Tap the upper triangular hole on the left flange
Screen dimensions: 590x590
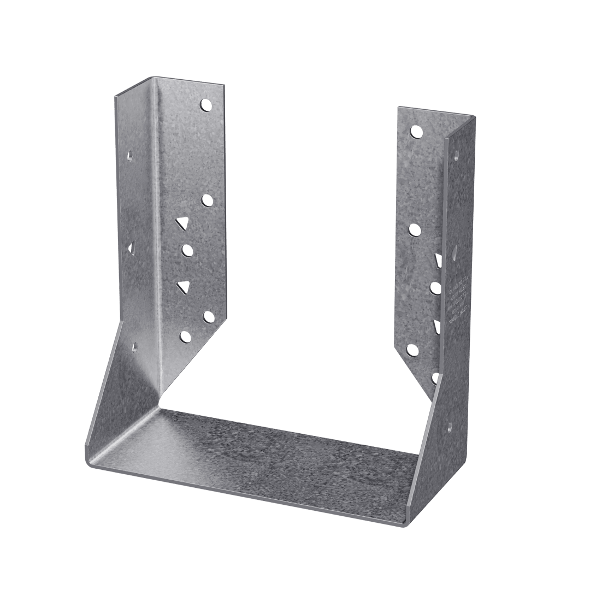[x=182, y=222]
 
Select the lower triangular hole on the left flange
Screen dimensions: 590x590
[x=183, y=286]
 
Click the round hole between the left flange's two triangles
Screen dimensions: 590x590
[x=188, y=251]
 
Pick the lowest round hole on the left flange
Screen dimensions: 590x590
[x=186, y=337]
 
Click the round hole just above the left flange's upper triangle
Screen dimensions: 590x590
[x=207, y=200]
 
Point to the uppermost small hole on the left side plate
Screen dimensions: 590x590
[x=129, y=157]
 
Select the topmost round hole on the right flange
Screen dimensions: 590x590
[x=416, y=132]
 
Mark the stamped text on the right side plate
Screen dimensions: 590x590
[x=458, y=300]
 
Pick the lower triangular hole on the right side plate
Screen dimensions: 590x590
[x=436, y=327]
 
